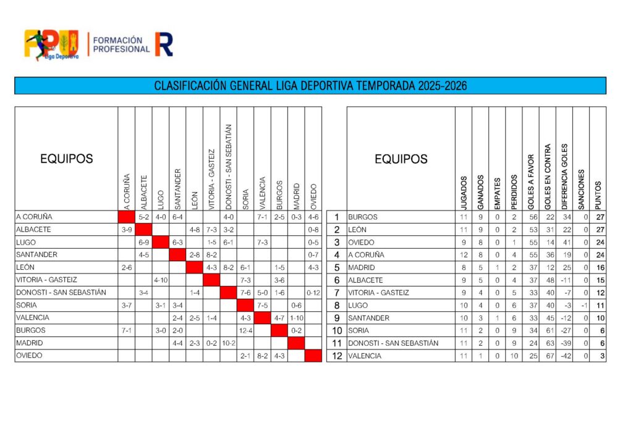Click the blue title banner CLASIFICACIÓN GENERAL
point(310,85)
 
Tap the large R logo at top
point(164,44)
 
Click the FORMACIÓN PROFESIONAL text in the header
point(121,44)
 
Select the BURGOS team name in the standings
point(363,217)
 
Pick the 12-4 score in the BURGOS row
point(245,330)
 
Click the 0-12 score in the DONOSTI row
point(313,293)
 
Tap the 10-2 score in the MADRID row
point(229,343)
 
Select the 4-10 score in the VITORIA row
point(161,280)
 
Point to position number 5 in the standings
point(336,268)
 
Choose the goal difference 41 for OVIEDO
point(564,243)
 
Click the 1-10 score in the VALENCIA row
point(296,318)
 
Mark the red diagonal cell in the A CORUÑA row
point(127,217)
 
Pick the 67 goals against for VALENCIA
point(548,356)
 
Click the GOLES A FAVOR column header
point(530,178)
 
